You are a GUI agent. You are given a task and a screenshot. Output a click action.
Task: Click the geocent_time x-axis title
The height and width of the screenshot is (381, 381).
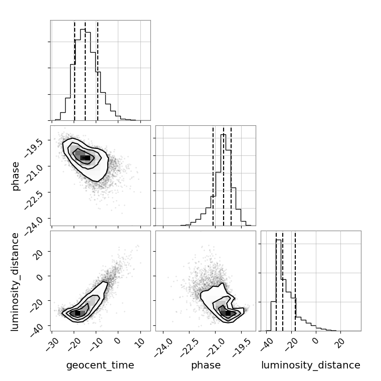click(100, 365)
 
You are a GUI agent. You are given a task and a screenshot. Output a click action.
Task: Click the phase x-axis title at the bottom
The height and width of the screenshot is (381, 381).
click(206, 365)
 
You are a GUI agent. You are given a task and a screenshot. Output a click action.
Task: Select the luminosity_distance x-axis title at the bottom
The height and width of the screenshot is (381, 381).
click(311, 365)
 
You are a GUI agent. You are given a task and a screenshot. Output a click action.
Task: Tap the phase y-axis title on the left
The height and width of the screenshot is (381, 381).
click(16, 175)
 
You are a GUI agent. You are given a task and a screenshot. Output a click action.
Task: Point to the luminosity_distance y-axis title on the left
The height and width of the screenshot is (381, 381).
click(16, 281)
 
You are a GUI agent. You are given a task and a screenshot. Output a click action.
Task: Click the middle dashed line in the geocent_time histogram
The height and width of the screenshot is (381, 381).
click(85, 70)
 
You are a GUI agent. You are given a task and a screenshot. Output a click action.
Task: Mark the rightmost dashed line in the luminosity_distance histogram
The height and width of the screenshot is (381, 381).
click(295, 281)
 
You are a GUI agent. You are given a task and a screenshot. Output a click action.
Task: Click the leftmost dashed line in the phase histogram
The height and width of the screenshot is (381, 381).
click(213, 175)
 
